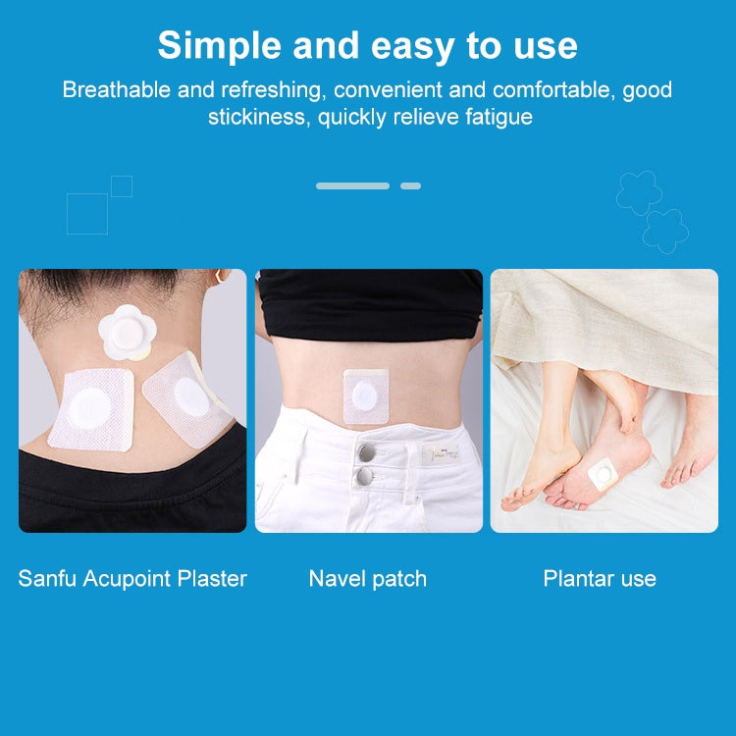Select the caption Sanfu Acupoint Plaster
point(132,579)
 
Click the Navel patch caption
point(368,579)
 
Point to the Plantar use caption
point(600,579)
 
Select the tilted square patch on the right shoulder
point(189,394)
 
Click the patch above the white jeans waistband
point(366,396)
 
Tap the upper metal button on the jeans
point(366,451)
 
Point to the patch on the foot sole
point(603,476)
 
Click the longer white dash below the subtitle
point(352,185)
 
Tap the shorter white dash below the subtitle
point(410,185)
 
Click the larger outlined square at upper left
point(86,213)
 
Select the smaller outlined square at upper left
point(122,186)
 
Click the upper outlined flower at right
point(639,191)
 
